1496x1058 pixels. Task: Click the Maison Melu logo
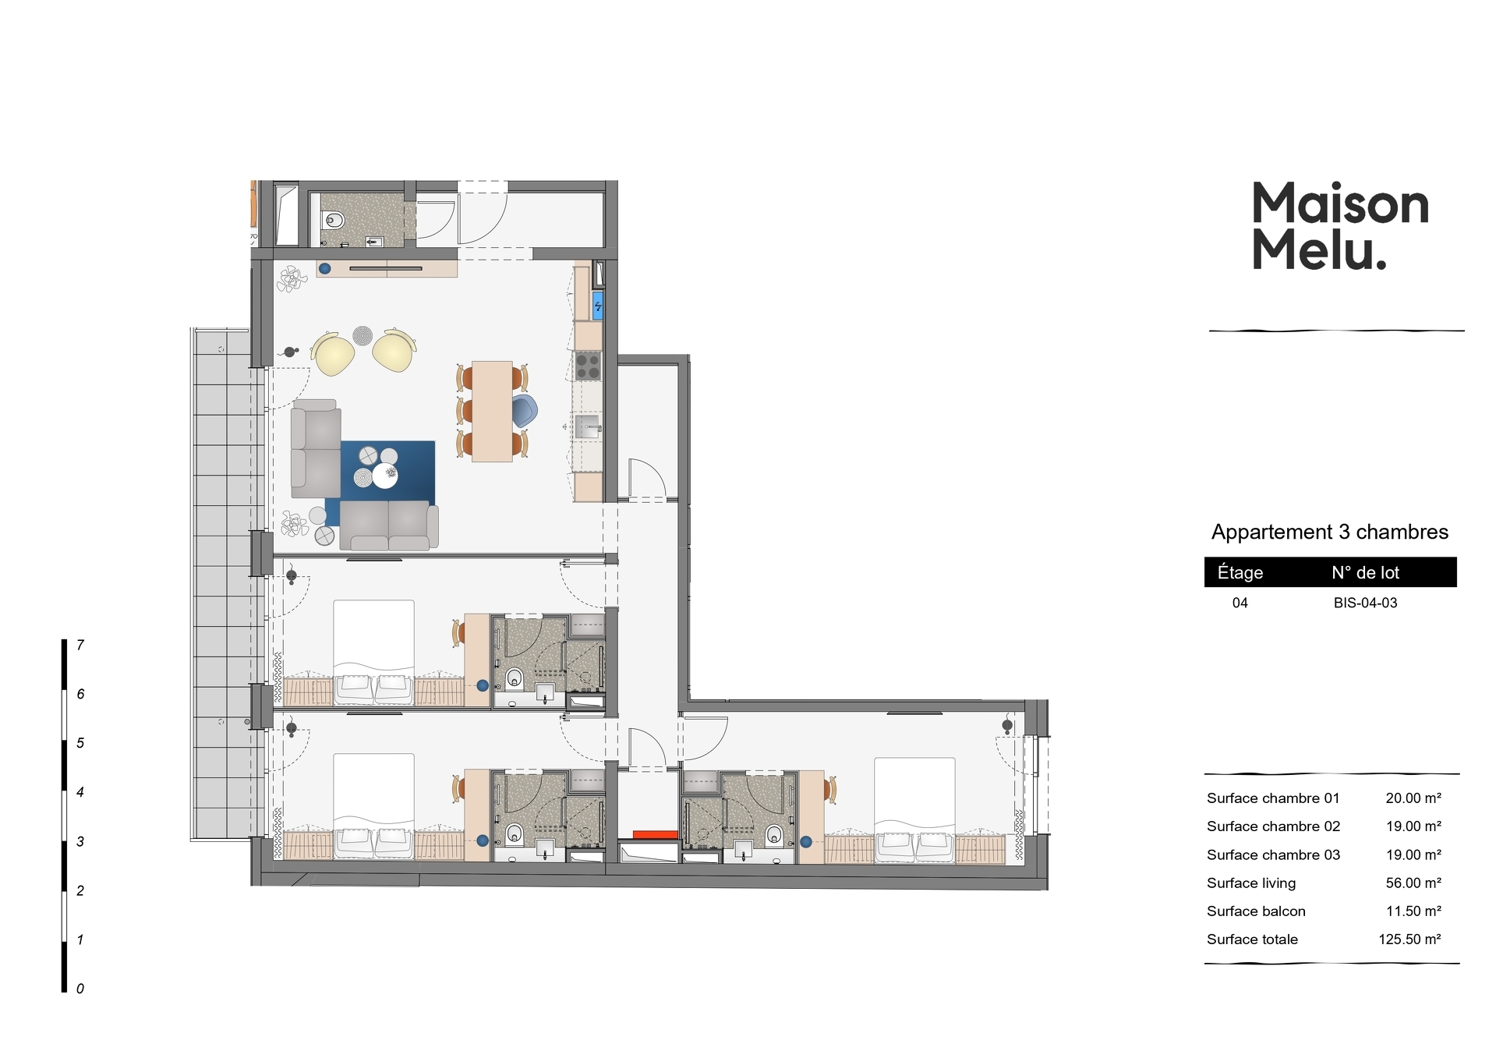[x=1340, y=225]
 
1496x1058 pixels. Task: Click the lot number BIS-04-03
[x=1365, y=603]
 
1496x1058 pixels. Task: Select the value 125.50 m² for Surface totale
[x=1409, y=939]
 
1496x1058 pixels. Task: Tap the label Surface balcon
[x=1256, y=911]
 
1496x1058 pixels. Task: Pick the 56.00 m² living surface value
[x=1413, y=883]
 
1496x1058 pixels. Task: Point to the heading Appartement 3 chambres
[x=1330, y=532]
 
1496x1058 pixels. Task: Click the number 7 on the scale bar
[x=80, y=645]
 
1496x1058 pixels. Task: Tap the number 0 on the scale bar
[x=80, y=989]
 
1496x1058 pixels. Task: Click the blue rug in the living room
[x=387, y=471]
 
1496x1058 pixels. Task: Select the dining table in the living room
[x=492, y=411]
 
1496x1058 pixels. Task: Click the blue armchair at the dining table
[x=525, y=411]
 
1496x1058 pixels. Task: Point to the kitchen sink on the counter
[x=588, y=426]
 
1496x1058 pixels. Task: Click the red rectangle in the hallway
[x=656, y=835]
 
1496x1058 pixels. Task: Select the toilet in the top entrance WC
[x=334, y=220]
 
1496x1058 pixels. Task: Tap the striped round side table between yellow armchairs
[x=363, y=336]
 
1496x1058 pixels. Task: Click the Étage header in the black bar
[x=1240, y=572]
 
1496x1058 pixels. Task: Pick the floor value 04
[x=1240, y=603]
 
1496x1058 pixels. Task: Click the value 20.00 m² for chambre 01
[x=1413, y=798]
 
